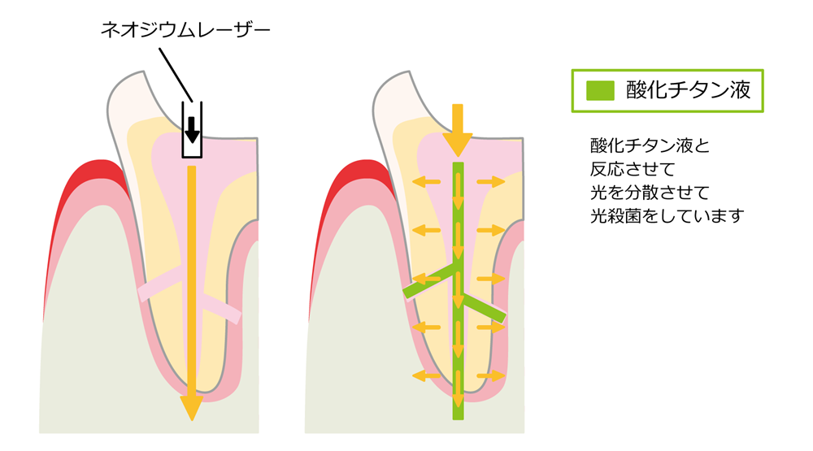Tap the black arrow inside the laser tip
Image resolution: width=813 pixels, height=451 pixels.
click(191, 128)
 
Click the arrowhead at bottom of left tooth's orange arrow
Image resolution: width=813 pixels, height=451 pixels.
click(191, 407)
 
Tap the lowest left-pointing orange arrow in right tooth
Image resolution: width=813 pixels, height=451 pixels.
click(424, 375)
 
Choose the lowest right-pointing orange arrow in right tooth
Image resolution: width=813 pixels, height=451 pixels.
click(490, 375)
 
